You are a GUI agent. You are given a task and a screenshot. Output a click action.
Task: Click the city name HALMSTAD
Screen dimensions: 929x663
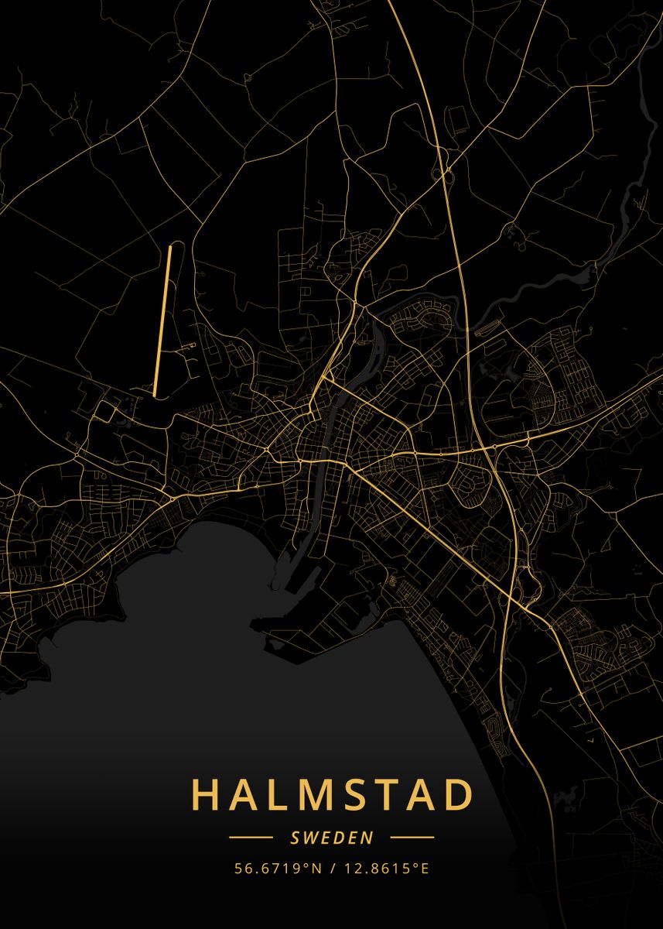pos(332,795)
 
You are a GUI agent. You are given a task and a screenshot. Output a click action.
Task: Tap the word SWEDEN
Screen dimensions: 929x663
pos(332,837)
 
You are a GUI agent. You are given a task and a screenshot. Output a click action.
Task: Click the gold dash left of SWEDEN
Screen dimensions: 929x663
pos(251,837)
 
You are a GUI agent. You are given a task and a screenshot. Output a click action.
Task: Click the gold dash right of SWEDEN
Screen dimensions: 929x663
pos(412,837)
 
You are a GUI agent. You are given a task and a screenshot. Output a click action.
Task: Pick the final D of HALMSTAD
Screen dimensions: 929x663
pos(459,795)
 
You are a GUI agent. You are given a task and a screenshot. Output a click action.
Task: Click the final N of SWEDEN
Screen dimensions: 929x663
pos(368,837)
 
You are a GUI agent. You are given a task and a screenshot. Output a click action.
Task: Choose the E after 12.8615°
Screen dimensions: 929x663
pos(424,868)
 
